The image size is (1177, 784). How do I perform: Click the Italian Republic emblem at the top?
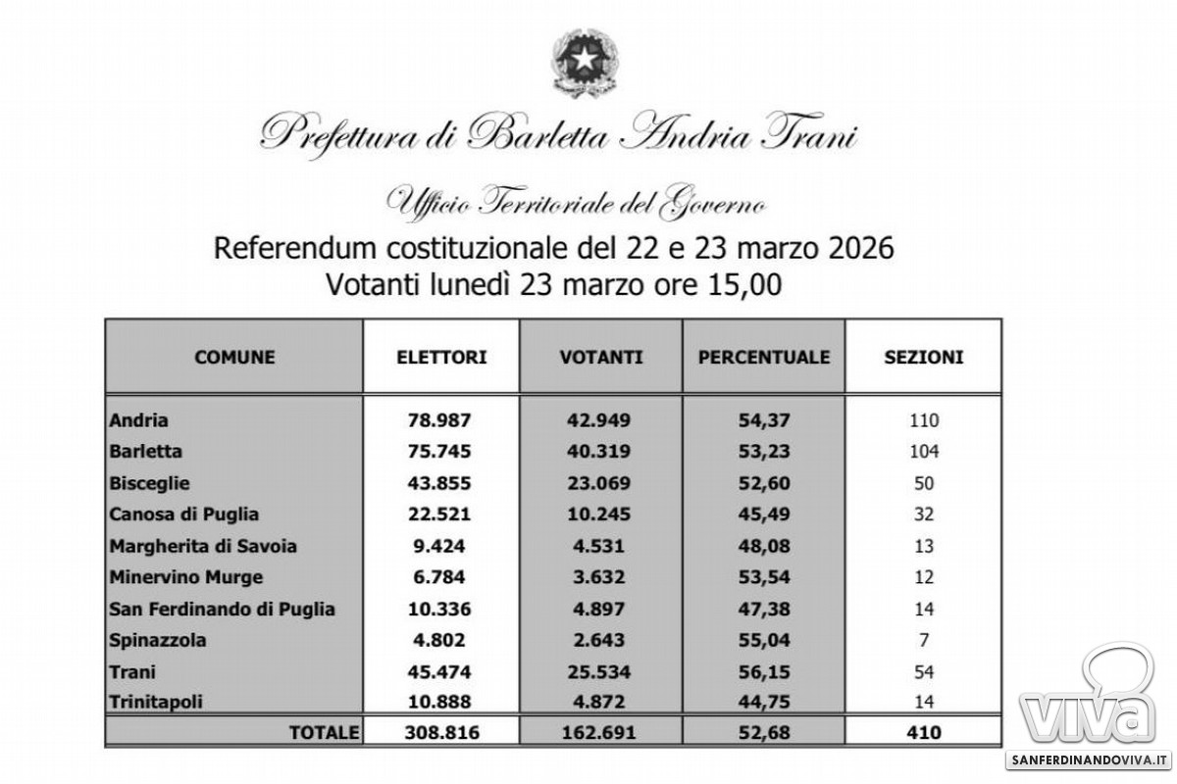tap(588, 61)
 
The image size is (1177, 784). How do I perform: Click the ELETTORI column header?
tap(440, 358)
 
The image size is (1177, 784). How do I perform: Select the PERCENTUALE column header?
tap(764, 358)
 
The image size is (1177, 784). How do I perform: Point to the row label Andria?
tap(140, 420)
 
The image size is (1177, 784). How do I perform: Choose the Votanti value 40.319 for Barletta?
tap(601, 452)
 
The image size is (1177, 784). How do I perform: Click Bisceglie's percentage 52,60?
tap(764, 483)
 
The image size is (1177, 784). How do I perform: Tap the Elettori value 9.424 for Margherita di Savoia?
tap(440, 546)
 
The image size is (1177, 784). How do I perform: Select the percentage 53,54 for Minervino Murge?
tap(764, 577)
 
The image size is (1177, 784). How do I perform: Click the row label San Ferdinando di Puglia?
tap(223, 609)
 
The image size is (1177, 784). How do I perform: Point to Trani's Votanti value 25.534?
tap(601, 671)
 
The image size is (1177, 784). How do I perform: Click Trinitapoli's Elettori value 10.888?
tap(440, 703)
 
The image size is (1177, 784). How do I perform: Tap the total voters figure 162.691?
tap(601, 732)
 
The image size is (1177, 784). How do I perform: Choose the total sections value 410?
tap(924, 732)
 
